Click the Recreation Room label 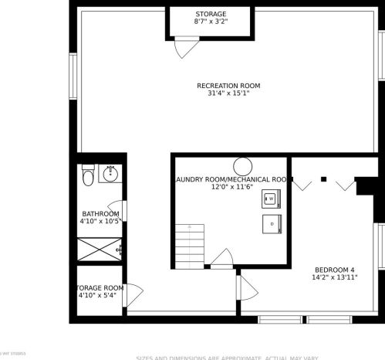(x=228, y=85)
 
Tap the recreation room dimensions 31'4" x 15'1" (x=228, y=93)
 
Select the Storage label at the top (x=211, y=14)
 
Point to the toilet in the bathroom (x=88, y=177)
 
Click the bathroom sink (x=111, y=172)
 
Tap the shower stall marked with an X (x=98, y=250)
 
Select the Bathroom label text (x=100, y=214)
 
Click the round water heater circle (x=244, y=165)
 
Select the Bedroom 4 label (x=334, y=269)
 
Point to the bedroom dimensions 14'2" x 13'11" (x=334, y=277)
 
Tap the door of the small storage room (x=132, y=294)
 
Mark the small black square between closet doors (x=324, y=179)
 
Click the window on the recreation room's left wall (x=73, y=76)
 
